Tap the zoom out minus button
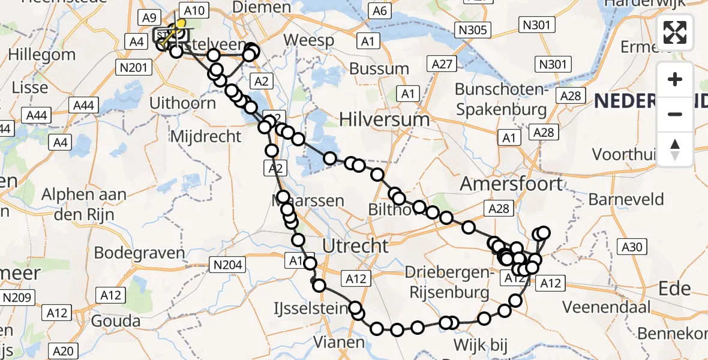[x=675, y=114]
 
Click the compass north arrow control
[x=675, y=149]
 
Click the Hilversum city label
[x=385, y=119]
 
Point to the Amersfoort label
[x=512, y=184]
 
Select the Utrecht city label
[x=356, y=245]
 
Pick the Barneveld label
[x=626, y=199]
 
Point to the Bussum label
[x=379, y=68]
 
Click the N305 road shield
[x=473, y=30]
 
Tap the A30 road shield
[x=632, y=246]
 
